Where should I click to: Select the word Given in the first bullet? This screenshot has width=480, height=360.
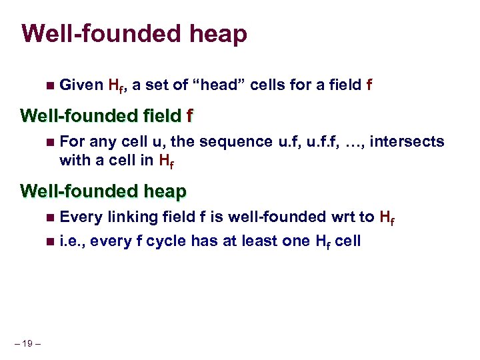click(81, 85)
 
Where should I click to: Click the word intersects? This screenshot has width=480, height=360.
click(409, 142)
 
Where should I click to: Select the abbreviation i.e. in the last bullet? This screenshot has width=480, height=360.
click(72, 241)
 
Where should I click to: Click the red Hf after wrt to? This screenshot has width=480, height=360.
click(387, 217)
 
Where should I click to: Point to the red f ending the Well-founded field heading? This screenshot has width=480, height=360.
click(190, 117)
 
